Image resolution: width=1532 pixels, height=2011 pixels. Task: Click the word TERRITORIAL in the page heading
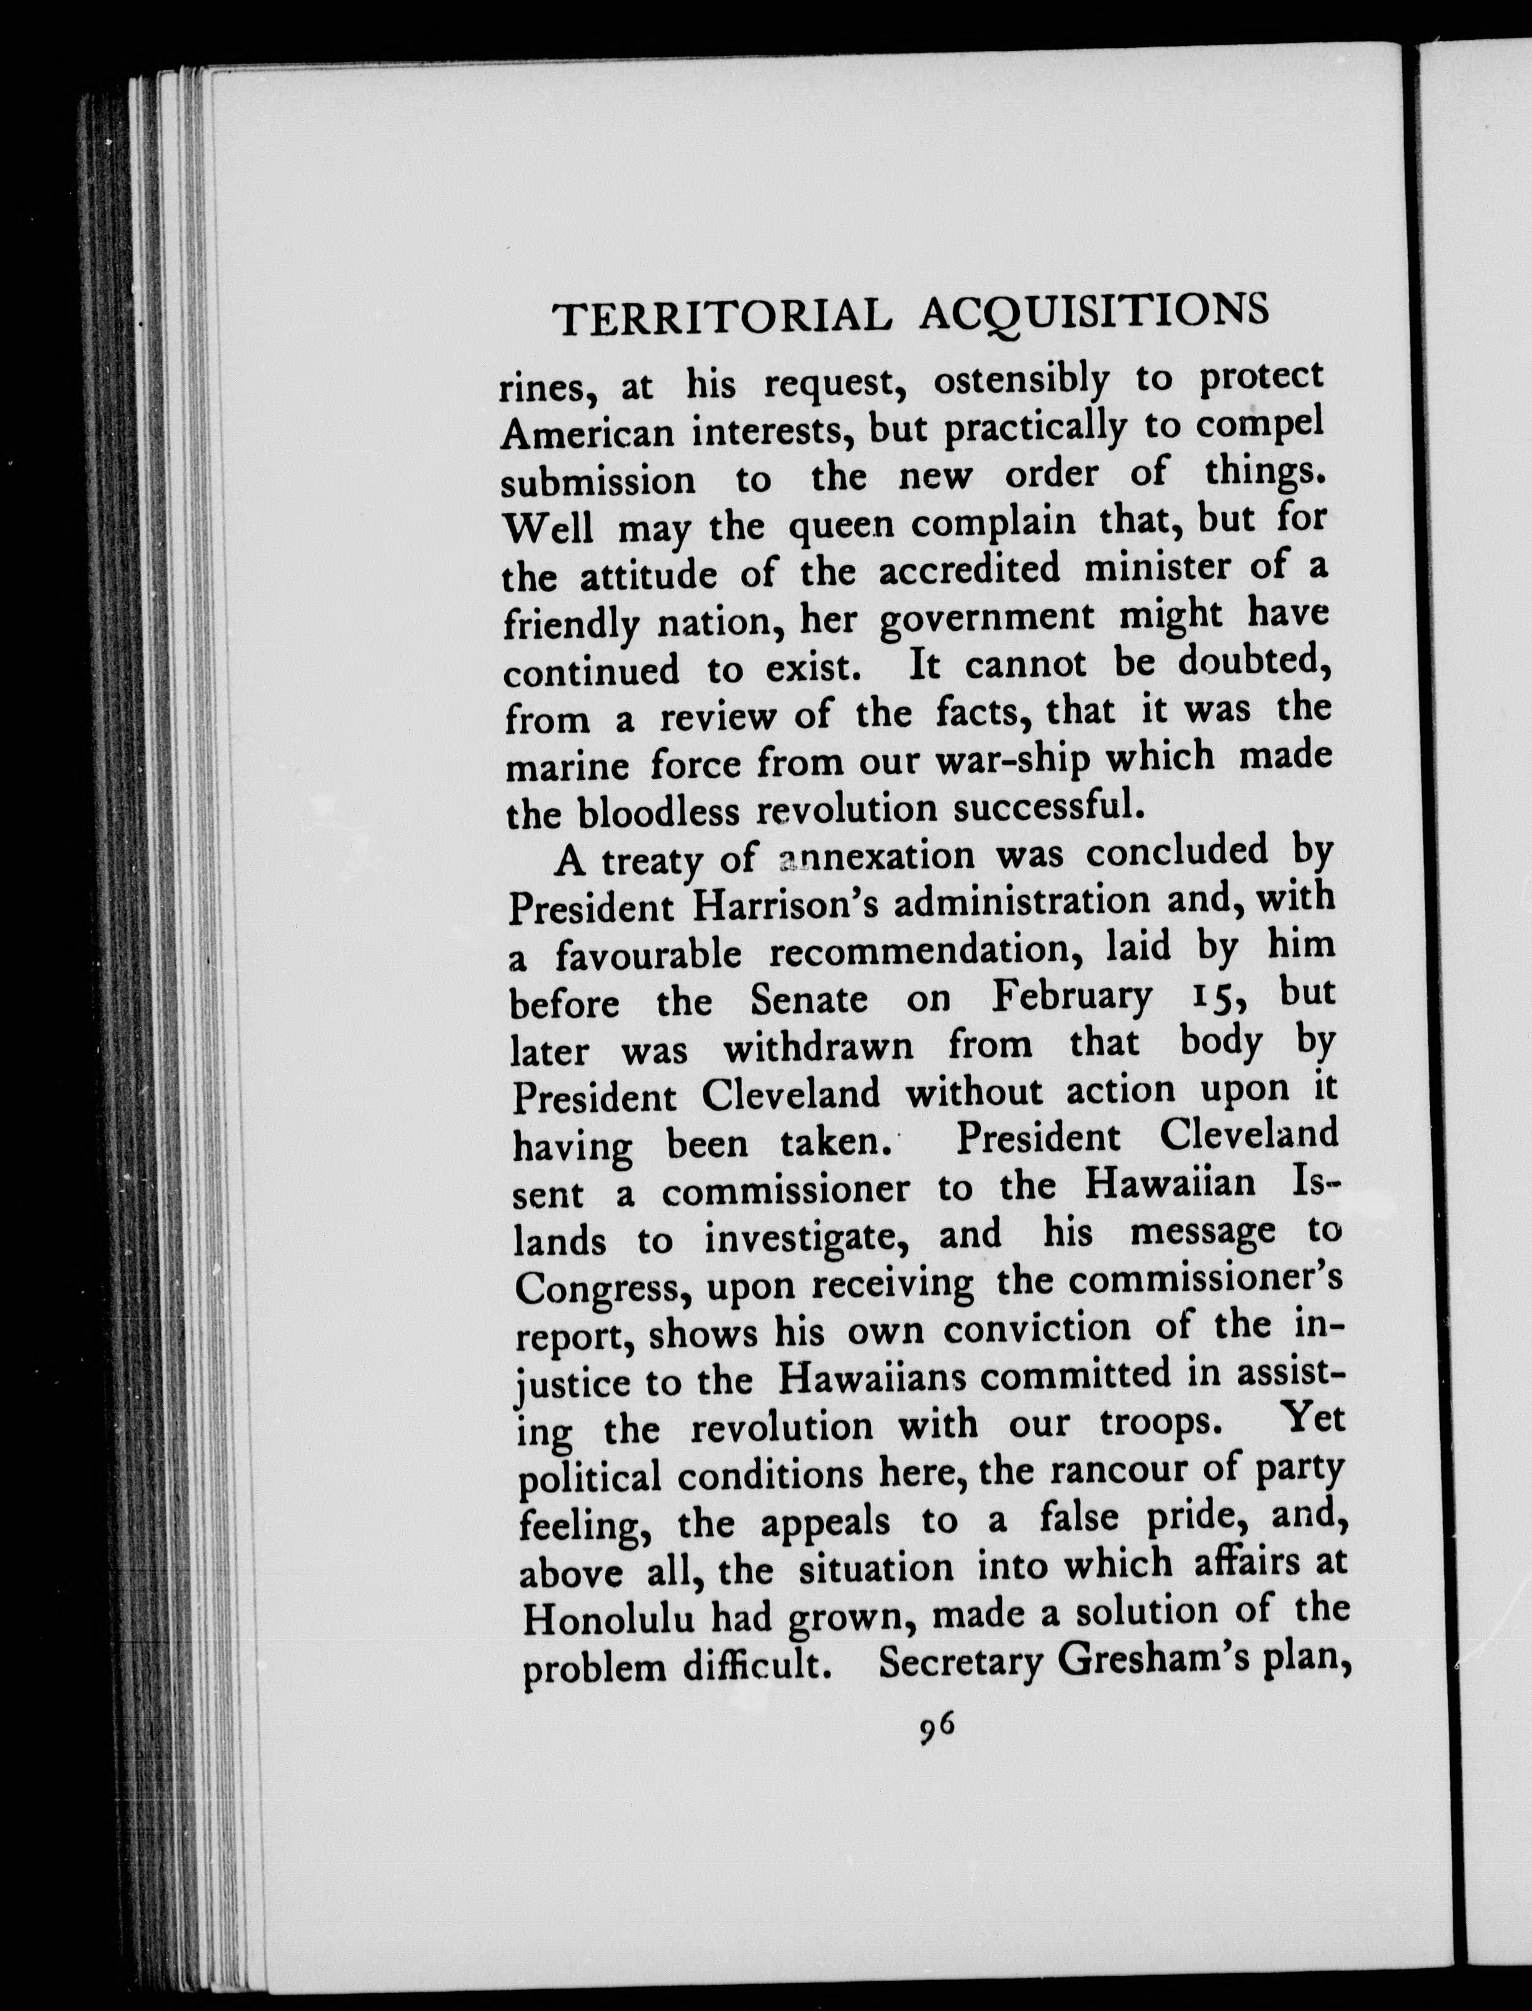click(x=721, y=317)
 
